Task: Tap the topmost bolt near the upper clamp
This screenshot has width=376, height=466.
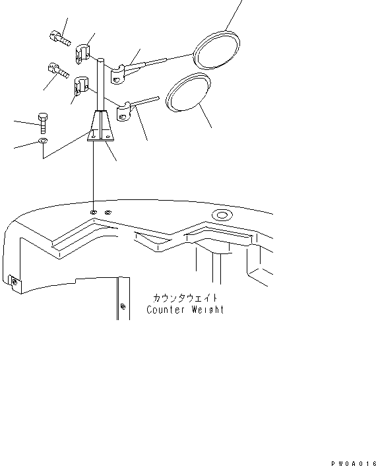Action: tap(60, 38)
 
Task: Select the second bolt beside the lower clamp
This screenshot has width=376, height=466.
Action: tap(59, 71)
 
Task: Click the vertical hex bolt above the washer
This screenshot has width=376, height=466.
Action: tap(43, 123)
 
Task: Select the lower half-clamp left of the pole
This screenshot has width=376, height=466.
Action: tap(80, 86)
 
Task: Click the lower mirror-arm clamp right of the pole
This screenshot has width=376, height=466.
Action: tap(123, 112)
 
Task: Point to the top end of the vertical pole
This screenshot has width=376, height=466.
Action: tap(101, 60)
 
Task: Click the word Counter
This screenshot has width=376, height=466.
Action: tap(166, 310)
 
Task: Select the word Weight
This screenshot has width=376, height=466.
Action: tap(208, 310)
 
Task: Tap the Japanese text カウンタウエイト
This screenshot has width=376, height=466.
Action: tap(185, 298)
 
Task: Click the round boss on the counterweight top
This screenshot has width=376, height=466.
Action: tap(222, 215)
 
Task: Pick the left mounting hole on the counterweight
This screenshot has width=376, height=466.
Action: tap(93, 212)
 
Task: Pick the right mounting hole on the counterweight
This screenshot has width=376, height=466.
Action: tap(108, 212)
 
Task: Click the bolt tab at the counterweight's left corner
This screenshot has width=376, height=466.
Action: tap(15, 283)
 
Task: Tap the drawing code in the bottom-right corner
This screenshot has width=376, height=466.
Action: tap(354, 463)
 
